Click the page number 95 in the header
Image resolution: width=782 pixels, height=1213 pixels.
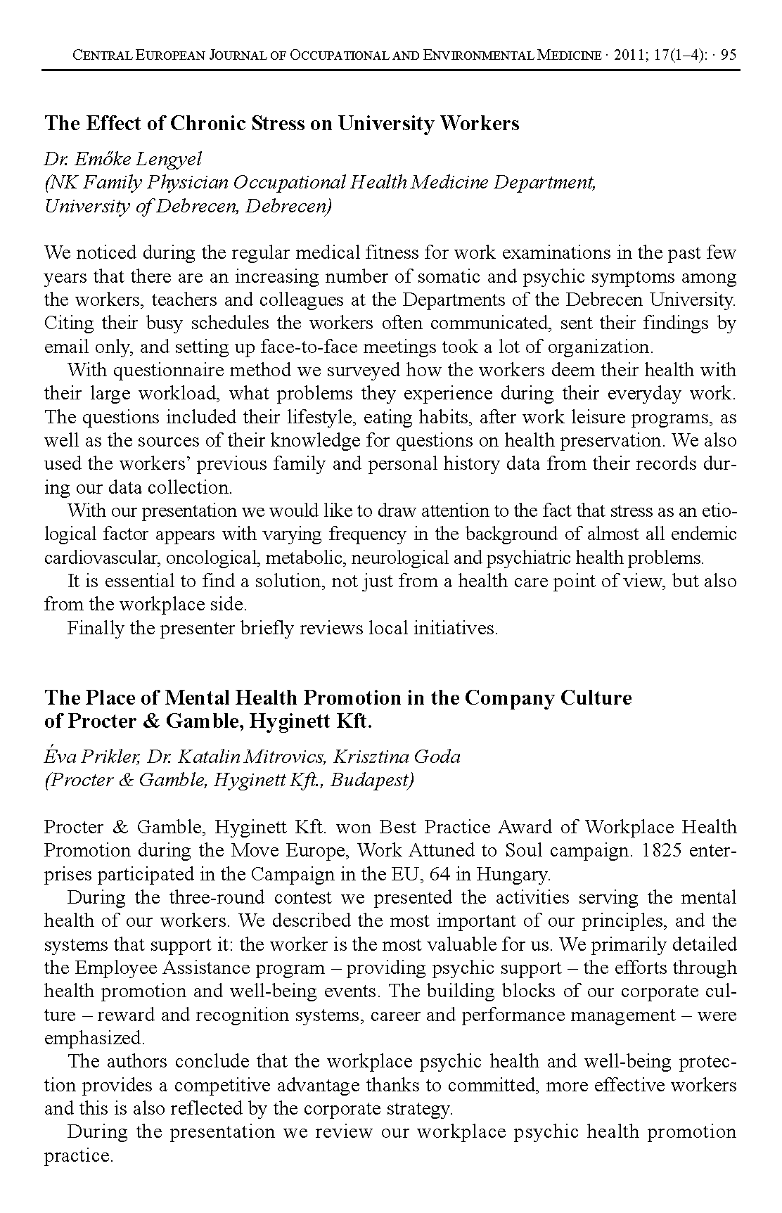point(729,56)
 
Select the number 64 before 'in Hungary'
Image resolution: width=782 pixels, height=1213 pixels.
point(437,875)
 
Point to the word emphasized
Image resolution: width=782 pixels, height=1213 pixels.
point(94,1039)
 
